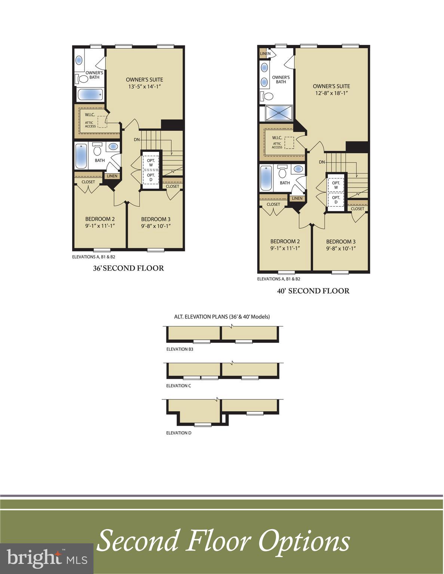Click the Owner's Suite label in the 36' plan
coord(144,80)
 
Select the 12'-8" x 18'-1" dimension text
coord(331,93)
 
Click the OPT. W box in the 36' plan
coord(151,163)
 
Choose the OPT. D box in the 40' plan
coord(336,200)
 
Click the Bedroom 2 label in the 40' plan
coord(285,241)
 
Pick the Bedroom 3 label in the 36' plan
coord(156,219)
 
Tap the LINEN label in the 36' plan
coord(112,176)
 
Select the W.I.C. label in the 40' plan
coord(277,138)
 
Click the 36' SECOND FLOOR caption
coord(128,268)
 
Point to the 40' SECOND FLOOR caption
coord(313,291)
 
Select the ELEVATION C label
coord(178,385)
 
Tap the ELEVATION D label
coord(178,433)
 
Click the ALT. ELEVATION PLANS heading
coord(222,317)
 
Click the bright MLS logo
coord(47,559)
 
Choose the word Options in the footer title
coord(304,541)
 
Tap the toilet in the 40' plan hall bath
coord(282,173)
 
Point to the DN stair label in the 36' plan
coord(137,139)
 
